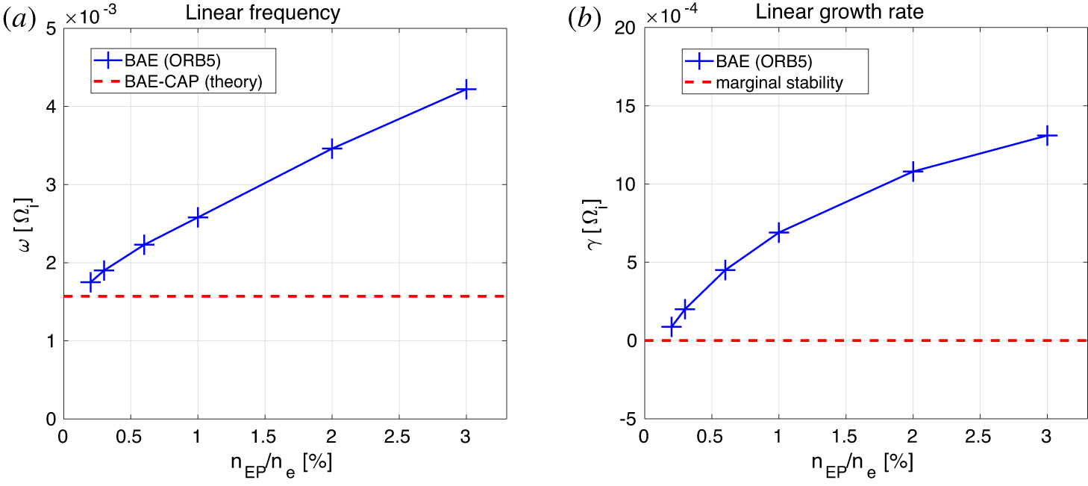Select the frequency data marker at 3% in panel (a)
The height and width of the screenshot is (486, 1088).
466,90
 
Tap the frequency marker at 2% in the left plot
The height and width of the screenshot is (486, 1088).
331,149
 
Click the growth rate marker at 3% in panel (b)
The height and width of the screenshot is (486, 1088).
1047,136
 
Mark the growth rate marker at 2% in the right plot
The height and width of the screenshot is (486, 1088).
913,171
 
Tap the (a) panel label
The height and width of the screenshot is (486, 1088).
19,21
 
